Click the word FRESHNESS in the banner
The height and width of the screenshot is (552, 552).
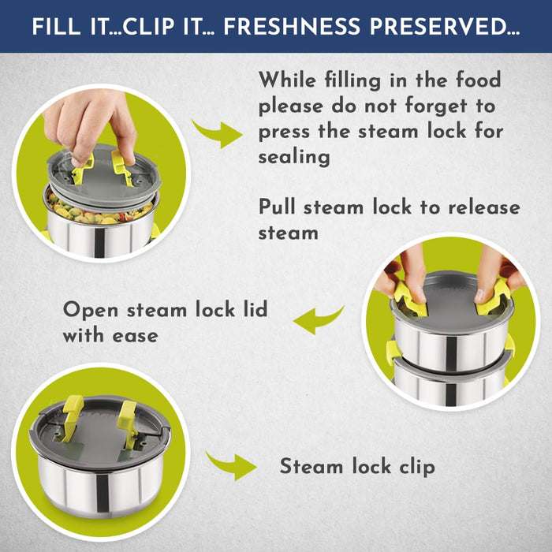[292, 26]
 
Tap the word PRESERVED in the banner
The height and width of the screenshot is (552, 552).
[445, 26]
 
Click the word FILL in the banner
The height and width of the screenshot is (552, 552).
[56, 26]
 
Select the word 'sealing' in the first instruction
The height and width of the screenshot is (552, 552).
[294, 157]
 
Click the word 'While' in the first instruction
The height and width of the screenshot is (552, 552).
[287, 80]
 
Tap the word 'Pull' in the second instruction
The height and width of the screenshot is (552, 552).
[277, 207]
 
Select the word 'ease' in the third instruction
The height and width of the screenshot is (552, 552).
[136, 336]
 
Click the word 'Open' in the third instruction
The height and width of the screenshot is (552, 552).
[91, 310]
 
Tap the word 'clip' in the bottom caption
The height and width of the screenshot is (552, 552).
[417, 467]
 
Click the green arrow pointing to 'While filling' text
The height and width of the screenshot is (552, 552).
[218, 134]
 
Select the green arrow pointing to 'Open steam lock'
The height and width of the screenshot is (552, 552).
[318, 319]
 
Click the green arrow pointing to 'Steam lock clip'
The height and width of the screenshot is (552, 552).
[232, 465]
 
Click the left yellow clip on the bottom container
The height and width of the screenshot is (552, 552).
[72, 417]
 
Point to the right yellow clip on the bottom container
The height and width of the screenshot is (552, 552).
[128, 421]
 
